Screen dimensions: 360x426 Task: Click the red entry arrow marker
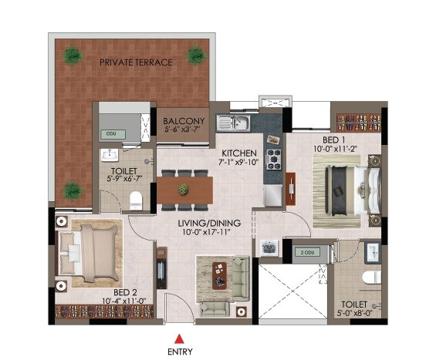point(179,337)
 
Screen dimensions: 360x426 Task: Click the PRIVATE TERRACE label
point(135,62)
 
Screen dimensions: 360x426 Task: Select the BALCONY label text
point(184,121)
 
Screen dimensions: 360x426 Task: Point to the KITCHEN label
point(239,151)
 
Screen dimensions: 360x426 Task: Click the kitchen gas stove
point(273,160)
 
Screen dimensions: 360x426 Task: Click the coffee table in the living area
point(221,271)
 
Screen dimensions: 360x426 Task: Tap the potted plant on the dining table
point(184,188)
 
